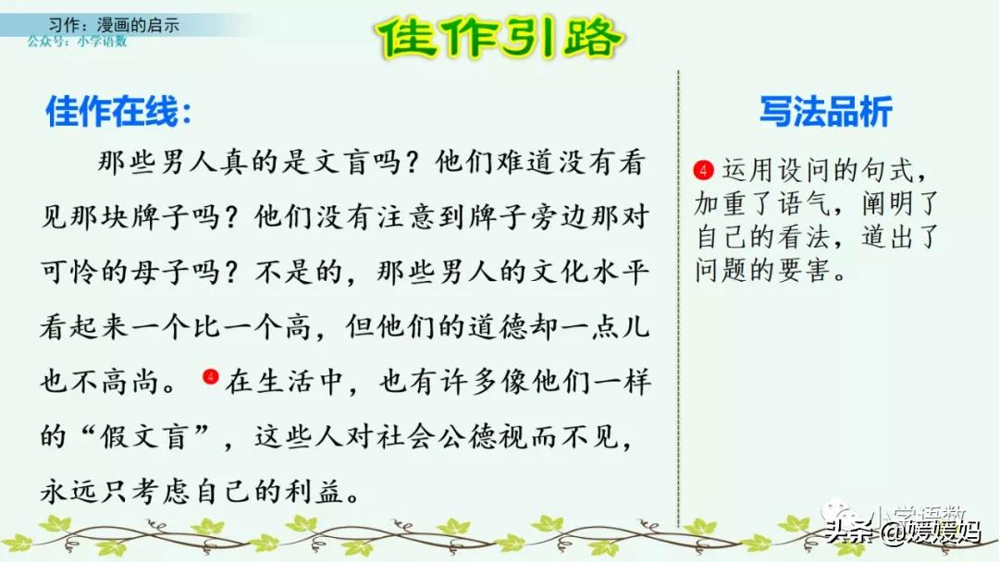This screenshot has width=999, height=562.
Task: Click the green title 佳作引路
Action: tap(500, 38)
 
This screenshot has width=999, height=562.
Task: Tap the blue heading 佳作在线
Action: tap(119, 113)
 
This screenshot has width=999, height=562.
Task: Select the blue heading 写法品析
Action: tap(825, 112)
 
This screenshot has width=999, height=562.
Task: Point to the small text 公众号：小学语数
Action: tap(77, 42)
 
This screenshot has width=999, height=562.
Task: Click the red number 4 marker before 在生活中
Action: tap(210, 376)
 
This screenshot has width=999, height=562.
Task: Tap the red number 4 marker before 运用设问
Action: tap(705, 170)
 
